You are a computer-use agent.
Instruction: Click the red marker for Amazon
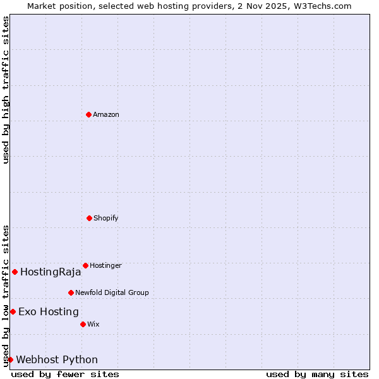click(88, 114)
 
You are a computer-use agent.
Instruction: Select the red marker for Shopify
click(89, 218)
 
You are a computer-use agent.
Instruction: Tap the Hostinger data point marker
click(85, 265)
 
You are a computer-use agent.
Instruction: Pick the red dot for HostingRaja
click(15, 272)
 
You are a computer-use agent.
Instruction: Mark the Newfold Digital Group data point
click(71, 292)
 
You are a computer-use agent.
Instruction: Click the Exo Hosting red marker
click(13, 311)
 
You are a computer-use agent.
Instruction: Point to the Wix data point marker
click(83, 324)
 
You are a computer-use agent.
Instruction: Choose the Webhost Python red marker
click(10, 359)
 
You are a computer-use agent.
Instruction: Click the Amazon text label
click(106, 114)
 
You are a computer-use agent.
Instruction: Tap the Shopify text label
click(106, 218)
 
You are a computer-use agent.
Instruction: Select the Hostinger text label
click(105, 265)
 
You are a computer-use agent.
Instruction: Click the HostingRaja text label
click(51, 272)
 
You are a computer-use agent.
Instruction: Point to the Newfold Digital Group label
click(112, 292)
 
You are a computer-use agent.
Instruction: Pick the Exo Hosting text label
click(49, 311)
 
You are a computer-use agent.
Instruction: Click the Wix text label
click(93, 324)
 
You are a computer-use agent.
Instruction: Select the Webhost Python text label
click(57, 360)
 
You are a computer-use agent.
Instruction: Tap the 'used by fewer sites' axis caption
click(65, 374)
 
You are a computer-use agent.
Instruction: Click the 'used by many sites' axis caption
click(317, 374)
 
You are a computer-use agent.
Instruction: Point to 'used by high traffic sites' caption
click(6, 90)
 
